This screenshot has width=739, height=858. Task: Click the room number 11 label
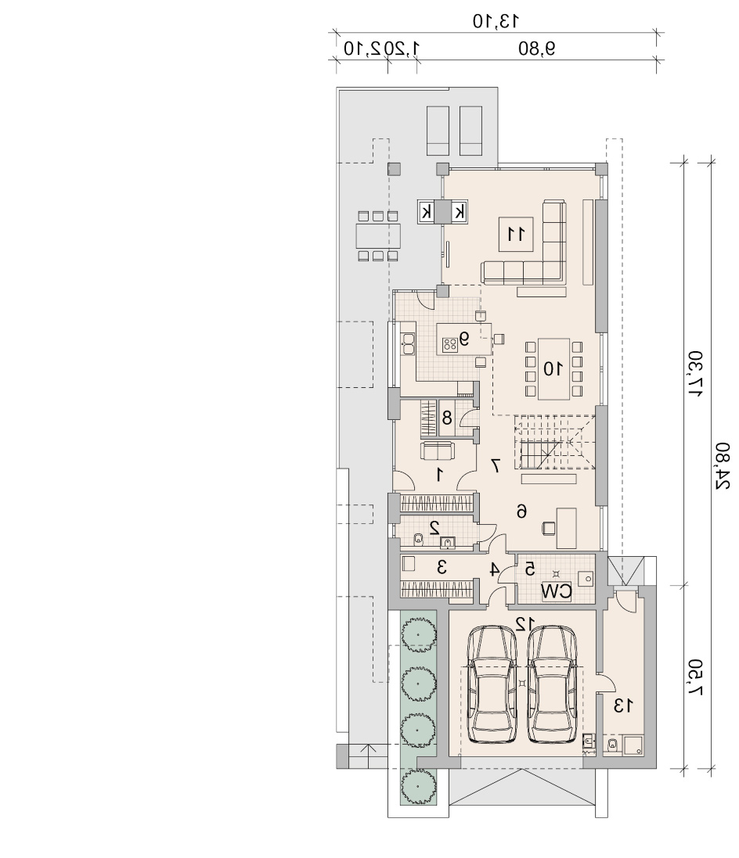click(x=516, y=234)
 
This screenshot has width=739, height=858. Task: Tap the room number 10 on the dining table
click(x=552, y=369)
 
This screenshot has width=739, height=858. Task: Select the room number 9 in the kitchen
click(x=464, y=339)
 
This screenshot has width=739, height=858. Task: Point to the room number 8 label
click(x=447, y=418)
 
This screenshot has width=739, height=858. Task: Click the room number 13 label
click(x=623, y=705)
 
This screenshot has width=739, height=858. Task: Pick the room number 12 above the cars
click(x=525, y=623)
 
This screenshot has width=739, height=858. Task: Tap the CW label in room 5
click(x=556, y=591)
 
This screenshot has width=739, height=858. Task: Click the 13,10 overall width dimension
click(x=496, y=21)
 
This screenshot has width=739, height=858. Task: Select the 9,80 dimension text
click(x=537, y=48)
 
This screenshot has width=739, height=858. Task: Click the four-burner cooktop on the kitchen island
click(x=450, y=344)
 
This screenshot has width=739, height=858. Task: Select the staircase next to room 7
click(x=554, y=442)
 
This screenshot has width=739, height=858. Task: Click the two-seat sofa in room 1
click(x=437, y=451)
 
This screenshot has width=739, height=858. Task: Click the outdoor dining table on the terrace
click(x=378, y=236)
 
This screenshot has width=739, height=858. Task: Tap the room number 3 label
click(x=442, y=568)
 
